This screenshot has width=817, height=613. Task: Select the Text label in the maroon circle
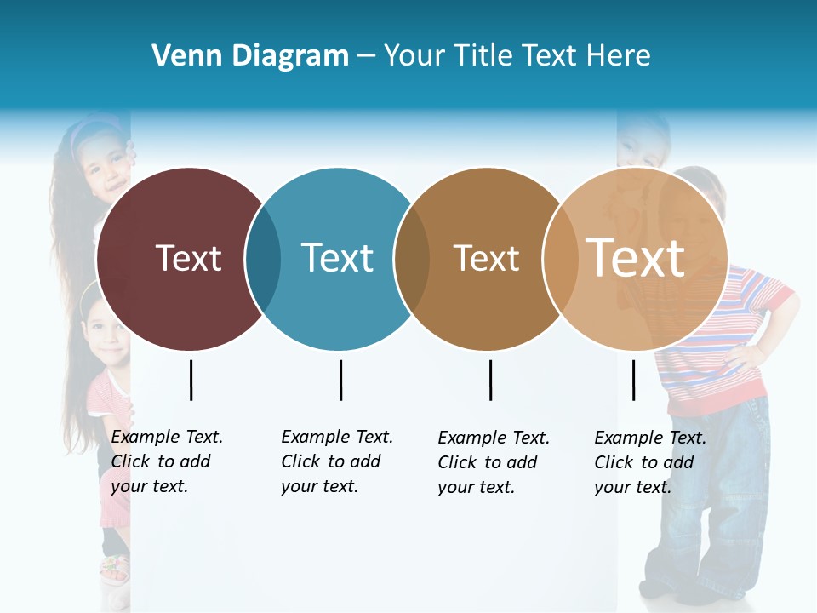188,258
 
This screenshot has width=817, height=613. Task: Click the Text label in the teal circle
337,258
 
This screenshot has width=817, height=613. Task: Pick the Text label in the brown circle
486,258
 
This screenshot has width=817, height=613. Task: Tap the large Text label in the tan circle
636,258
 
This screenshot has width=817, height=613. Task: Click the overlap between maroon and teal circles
263,258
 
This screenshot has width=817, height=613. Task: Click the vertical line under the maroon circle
191,380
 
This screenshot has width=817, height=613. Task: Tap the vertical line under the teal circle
340,380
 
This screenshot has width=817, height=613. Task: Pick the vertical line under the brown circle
490,380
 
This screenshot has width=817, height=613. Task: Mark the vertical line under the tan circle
633,380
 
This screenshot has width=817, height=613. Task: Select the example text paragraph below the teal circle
336,461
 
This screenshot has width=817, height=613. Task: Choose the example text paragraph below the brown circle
493,462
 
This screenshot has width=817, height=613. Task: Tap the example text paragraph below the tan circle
649,462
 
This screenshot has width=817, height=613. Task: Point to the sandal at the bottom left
114,568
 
